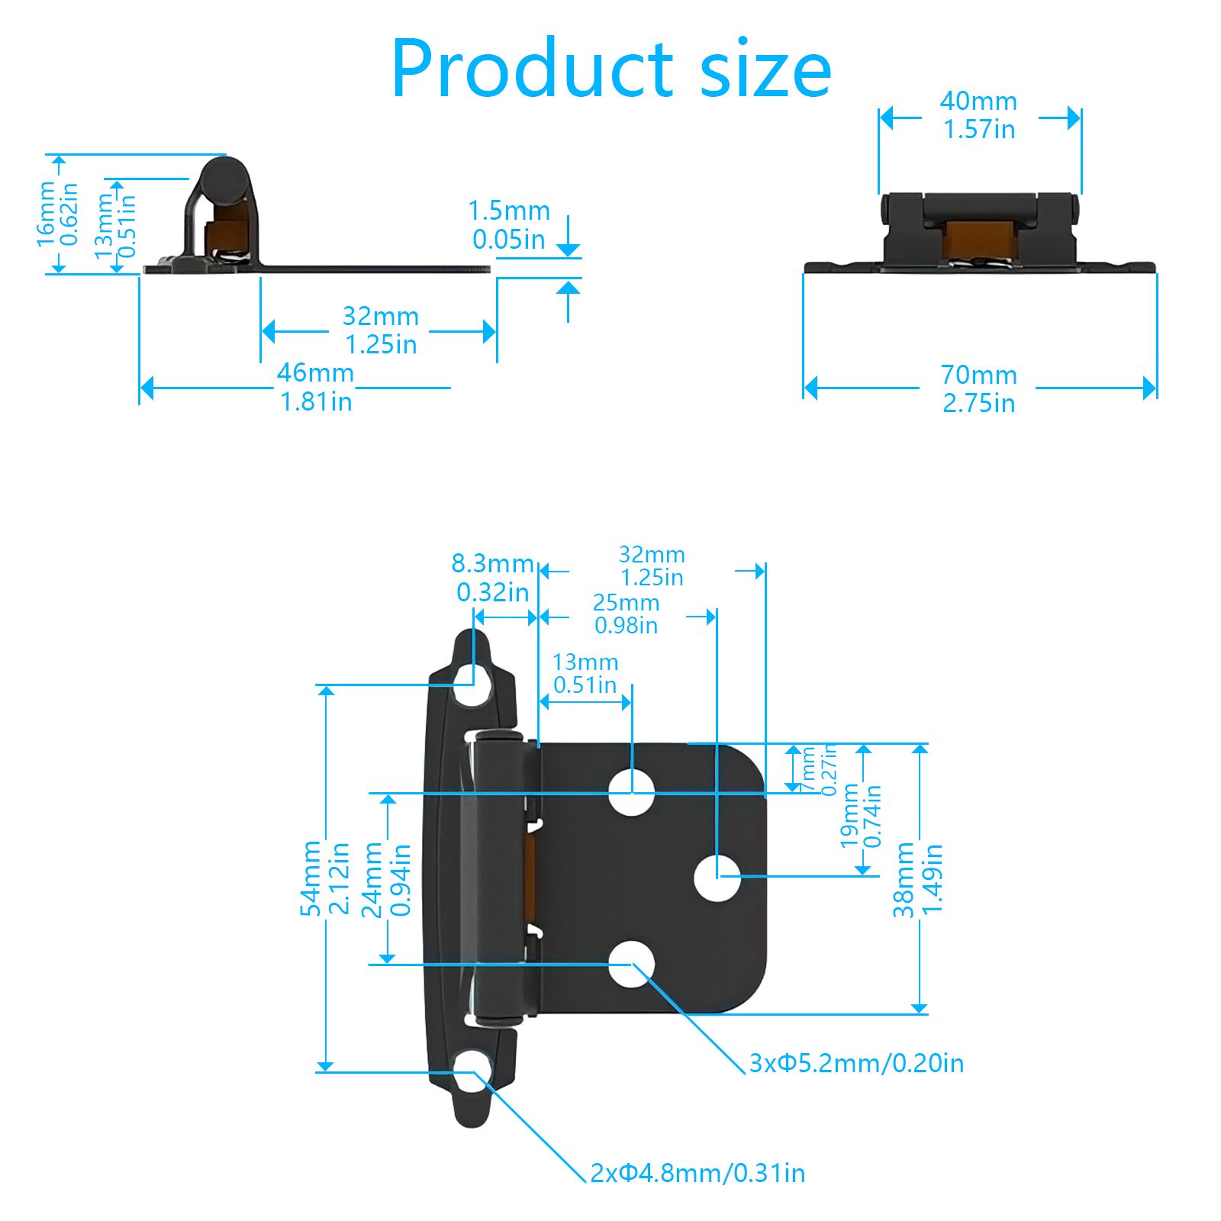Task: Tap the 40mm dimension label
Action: coord(978,114)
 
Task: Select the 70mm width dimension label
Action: coord(978,388)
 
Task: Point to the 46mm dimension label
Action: coord(315,387)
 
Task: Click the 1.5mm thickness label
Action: coord(508,224)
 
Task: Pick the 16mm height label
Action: coord(57,214)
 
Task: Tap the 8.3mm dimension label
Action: coord(492,577)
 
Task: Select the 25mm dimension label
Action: coord(626,614)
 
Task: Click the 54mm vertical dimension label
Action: coord(324,878)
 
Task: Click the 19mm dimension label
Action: coord(861,815)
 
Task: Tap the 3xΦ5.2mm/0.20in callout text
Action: coord(856,1063)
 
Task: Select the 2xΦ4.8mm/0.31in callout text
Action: coord(697,1173)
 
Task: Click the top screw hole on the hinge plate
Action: coord(632,791)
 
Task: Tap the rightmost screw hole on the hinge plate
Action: coord(717,878)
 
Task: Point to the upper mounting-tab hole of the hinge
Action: coord(473,684)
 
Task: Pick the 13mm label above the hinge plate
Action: coord(585,673)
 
